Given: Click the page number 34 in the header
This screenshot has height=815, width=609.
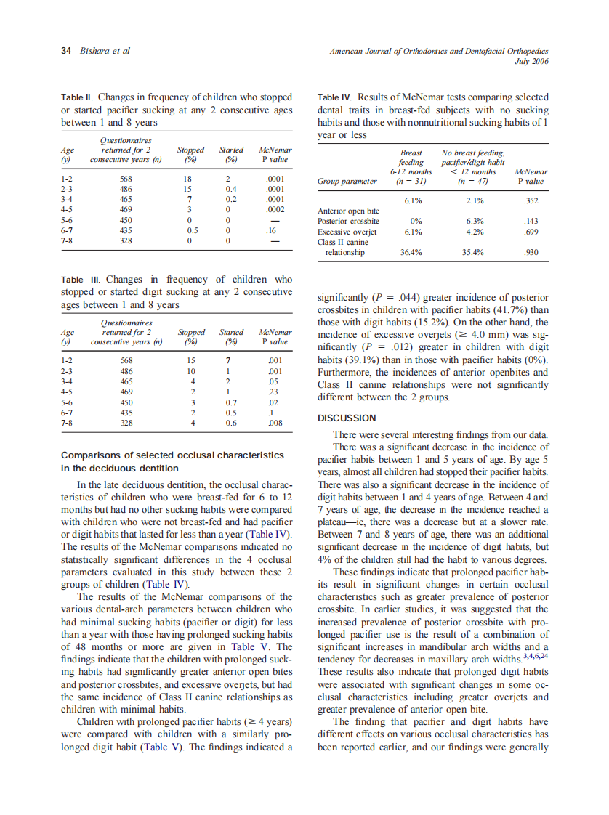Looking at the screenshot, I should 66,51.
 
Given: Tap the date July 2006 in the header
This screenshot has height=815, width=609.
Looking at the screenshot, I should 531,62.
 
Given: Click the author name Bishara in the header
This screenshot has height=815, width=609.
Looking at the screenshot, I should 96,51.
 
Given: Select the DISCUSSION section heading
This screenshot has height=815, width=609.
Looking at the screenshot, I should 347,418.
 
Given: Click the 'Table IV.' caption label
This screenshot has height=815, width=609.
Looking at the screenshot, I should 335,97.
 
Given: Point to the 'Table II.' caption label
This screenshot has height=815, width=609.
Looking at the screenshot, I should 77,97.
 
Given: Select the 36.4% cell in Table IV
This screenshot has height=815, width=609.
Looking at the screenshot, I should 412,253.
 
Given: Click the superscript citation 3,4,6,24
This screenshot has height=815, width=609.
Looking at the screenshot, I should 535,657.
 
